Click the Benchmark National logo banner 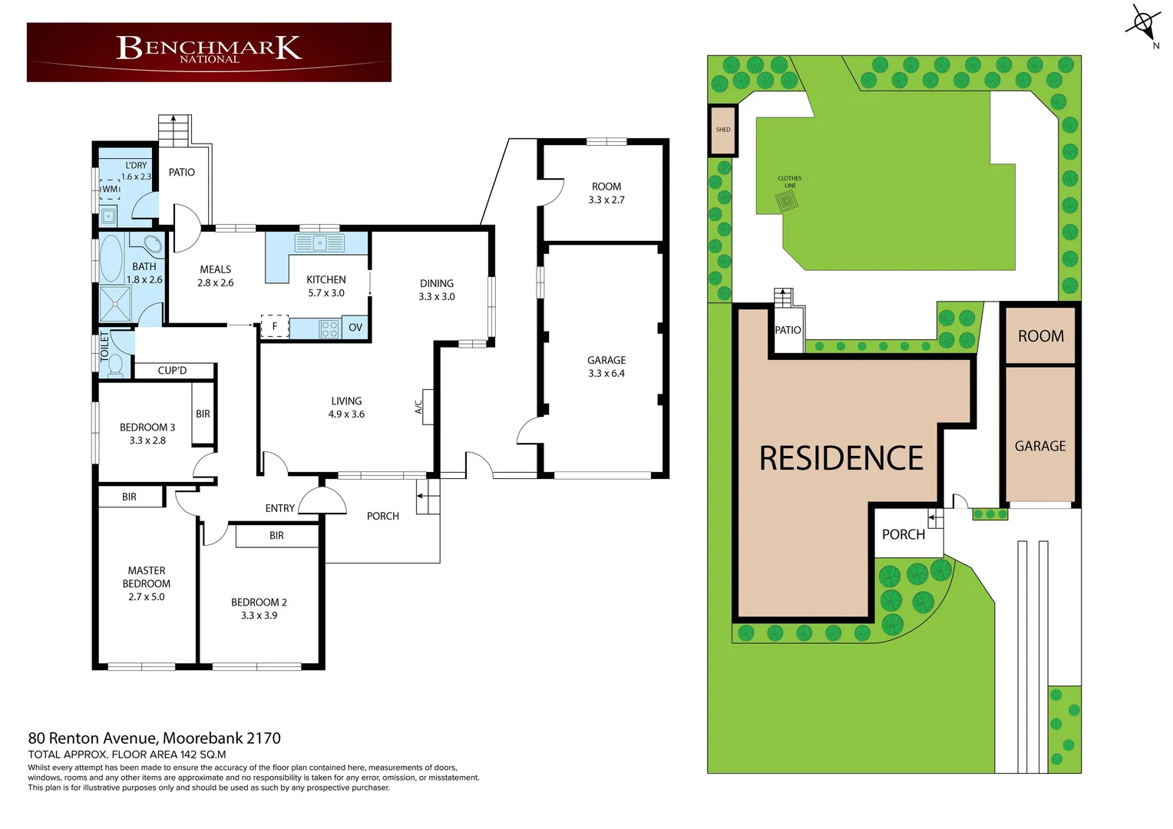click(x=209, y=51)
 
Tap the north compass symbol click(x=1144, y=24)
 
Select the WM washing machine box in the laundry click(x=110, y=189)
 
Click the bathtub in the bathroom click(x=112, y=258)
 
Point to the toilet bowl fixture click(x=115, y=365)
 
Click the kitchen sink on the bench click(x=320, y=243)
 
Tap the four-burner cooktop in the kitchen click(x=329, y=329)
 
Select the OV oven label click(x=355, y=328)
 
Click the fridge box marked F click(x=275, y=326)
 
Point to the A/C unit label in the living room click(x=419, y=407)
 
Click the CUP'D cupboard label click(x=172, y=371)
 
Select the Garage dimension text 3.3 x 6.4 click(x=606, y=374)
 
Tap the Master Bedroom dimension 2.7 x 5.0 click(x=146, y=597)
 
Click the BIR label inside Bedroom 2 click(x=276, y=536)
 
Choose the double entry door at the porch click(x=322, y=503)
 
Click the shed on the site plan click(x=722, y=130)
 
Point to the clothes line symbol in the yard click(x=786, y=202)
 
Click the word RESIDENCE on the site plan click(x=841, y=459)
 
